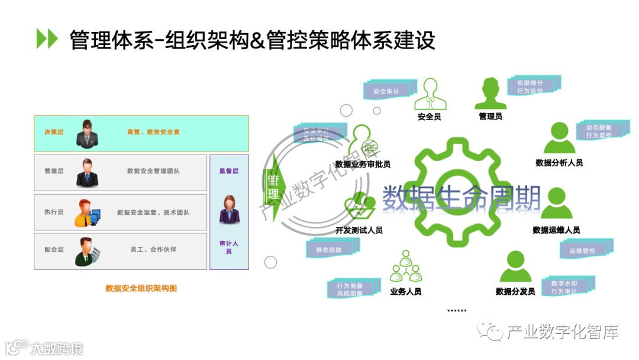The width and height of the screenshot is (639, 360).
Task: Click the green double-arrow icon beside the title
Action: click(x=47, y=38)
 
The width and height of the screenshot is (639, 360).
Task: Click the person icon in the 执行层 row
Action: click(x=87, y=213)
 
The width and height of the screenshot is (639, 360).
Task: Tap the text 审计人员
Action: click(x=229, y=247)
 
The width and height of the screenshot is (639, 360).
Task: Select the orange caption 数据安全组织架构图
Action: click(x=141, y=288)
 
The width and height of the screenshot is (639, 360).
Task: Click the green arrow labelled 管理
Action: click(x=274, y=186)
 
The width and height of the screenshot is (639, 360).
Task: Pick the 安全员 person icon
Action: click(x=429, y=95)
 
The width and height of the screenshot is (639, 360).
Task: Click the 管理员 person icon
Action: click(x=490, y=94)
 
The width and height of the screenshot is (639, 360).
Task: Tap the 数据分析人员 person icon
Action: click(x=559, y=139)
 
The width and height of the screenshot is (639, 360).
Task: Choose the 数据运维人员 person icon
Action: click(x=556, y=204)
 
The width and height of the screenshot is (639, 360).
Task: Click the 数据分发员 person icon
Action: click(x=515, y=267)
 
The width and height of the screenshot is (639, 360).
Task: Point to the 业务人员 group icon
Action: click(x=405, y=268)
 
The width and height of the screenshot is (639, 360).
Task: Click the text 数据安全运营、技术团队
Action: click(x=153, y=212)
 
